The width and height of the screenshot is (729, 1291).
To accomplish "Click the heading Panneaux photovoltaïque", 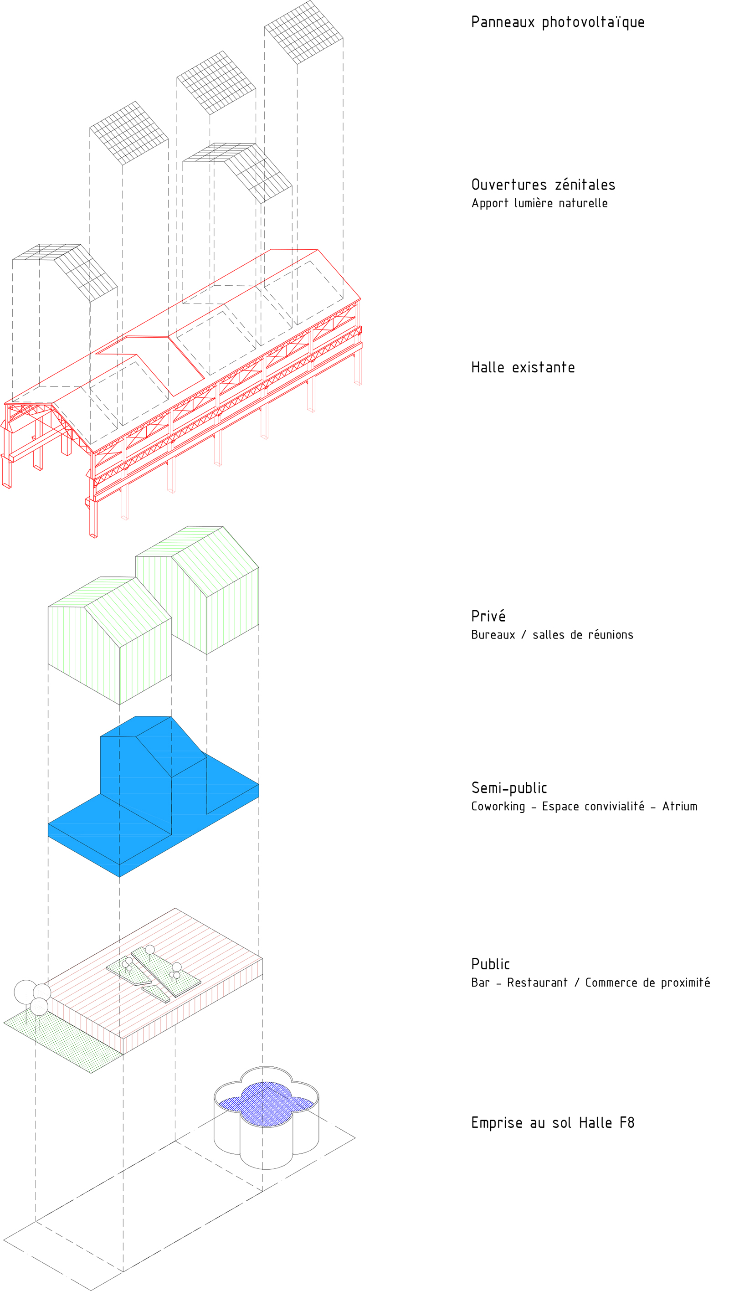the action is click(x=558, y=22).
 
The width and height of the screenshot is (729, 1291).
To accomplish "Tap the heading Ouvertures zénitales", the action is click(x=543, y=185).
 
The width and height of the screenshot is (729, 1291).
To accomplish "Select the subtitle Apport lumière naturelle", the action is click(x=539, y=203).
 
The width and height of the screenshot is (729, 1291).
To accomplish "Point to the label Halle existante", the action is click(x=523, y=367).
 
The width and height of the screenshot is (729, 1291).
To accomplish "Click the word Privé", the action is click(x=488, y=616).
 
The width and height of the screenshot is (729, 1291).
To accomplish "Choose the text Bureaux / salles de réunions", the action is click(x=552, y=634).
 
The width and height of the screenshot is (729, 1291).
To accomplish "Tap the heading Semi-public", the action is click(x=509, y=788).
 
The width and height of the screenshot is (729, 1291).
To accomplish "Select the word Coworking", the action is click(x=498, y=807).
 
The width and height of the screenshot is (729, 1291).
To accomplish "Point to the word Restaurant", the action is click(x=537, y=982).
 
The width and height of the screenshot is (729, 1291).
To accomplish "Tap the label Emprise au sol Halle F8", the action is click(x=553, y=1122).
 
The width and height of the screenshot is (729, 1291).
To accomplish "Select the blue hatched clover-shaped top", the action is click(x=266, y=1104).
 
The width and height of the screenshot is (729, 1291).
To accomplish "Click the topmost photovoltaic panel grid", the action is click(x=303, y=32).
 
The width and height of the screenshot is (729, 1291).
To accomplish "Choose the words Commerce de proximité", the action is click(x=647, y=982).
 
